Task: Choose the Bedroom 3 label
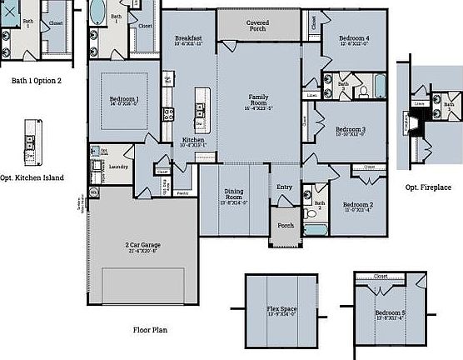350,132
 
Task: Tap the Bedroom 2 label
359,206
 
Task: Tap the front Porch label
285,225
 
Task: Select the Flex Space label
282,312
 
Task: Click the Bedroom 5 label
391,314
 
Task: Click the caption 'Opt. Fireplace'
427,187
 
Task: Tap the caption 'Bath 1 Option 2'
36,81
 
